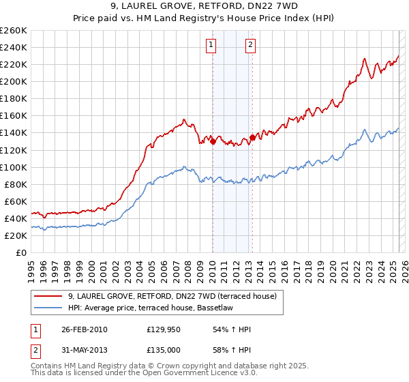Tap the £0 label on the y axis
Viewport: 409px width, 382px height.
[x=21, y=252]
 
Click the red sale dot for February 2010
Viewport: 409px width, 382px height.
[x=213, y=142]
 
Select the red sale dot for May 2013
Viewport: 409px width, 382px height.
[x=252, y=137]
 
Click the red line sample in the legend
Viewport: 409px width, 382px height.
[x=48, y=296]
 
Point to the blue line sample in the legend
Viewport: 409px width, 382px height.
[x=48, y=308]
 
